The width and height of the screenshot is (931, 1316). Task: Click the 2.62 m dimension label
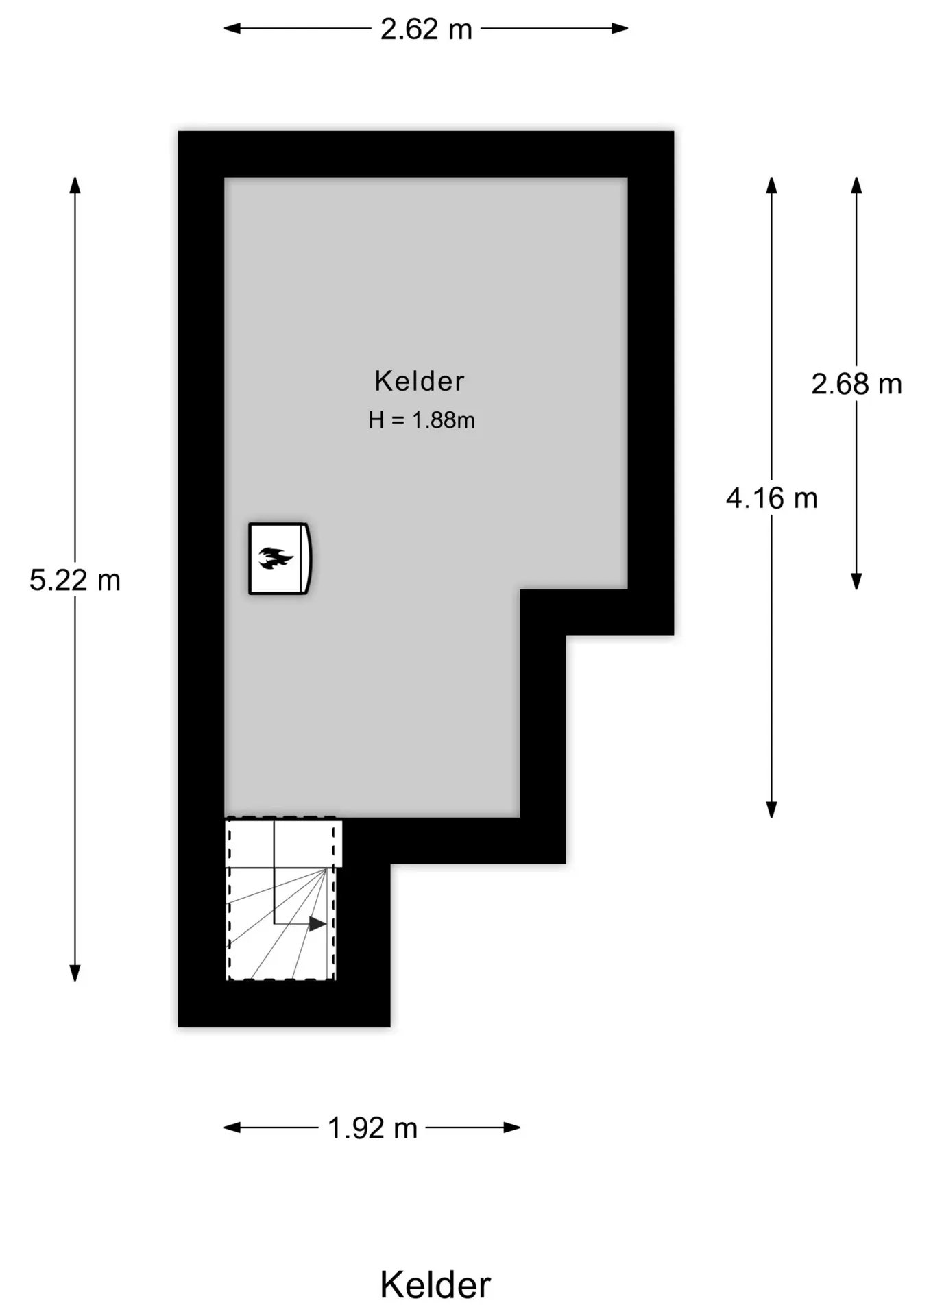(x=426, y=29)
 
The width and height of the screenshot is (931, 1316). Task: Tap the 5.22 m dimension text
(x=75, y=580)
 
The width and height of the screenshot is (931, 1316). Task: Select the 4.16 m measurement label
(x=772, y=498)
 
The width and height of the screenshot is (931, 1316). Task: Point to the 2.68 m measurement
(x=856, y=384)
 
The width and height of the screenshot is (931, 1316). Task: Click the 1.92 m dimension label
(x=372, y=1128)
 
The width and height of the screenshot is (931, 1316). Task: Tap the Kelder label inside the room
(x=420, y=381)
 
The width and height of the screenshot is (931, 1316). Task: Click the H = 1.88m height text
(x=422, y=420)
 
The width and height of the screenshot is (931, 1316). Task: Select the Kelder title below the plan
(x=435, y=1284)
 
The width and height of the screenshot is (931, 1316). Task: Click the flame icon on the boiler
(x=276, y=558)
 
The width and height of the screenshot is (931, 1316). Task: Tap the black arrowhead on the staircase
(x=317, y=924)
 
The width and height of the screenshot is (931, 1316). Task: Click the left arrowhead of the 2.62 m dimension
(x=232, y=28)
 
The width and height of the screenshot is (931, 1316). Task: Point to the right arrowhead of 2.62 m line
(x=620, y=28)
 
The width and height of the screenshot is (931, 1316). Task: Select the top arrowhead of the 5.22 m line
(x=75, y=185)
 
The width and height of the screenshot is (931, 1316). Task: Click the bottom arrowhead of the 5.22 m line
(x=75, y=973)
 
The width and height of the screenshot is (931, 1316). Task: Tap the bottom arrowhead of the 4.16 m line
(x=771, y=809)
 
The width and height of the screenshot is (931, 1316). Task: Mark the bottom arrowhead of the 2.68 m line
(x=856, y=581)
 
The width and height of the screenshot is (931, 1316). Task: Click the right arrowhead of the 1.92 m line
(x=511, y=1128)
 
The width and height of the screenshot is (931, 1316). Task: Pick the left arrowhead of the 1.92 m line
(x=232, y=1128)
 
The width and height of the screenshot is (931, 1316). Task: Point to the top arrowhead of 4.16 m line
(x=771, y=185)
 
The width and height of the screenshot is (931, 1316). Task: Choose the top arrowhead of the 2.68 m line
(x=856, y=185)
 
